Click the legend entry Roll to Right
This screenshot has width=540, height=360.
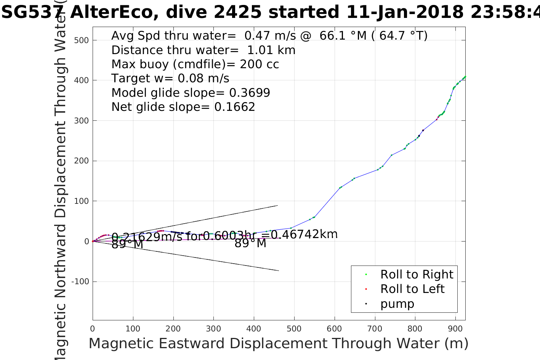[417, 274]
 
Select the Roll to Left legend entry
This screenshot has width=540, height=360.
[412, 289]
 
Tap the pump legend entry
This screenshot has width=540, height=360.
[397, 304]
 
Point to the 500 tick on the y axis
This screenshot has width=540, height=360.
[81, 40]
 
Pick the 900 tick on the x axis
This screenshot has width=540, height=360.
[455, 329]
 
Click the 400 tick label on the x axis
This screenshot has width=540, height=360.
[254, 329]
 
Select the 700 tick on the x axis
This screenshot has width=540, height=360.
[375, 329]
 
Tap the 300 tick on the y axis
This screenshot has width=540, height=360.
[81, 121]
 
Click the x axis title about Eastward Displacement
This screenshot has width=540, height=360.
[278, 344]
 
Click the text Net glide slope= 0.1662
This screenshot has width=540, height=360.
[183, 107]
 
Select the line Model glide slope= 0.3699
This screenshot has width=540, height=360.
[191, 93]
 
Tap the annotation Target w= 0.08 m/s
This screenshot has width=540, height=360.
[170, 78]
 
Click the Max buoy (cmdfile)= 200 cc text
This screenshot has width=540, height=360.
[195, 64]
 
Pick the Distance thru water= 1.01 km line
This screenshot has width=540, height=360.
[203, 50]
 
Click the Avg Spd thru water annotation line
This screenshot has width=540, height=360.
[269, 35]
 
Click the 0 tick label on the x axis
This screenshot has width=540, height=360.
[93, 329]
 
